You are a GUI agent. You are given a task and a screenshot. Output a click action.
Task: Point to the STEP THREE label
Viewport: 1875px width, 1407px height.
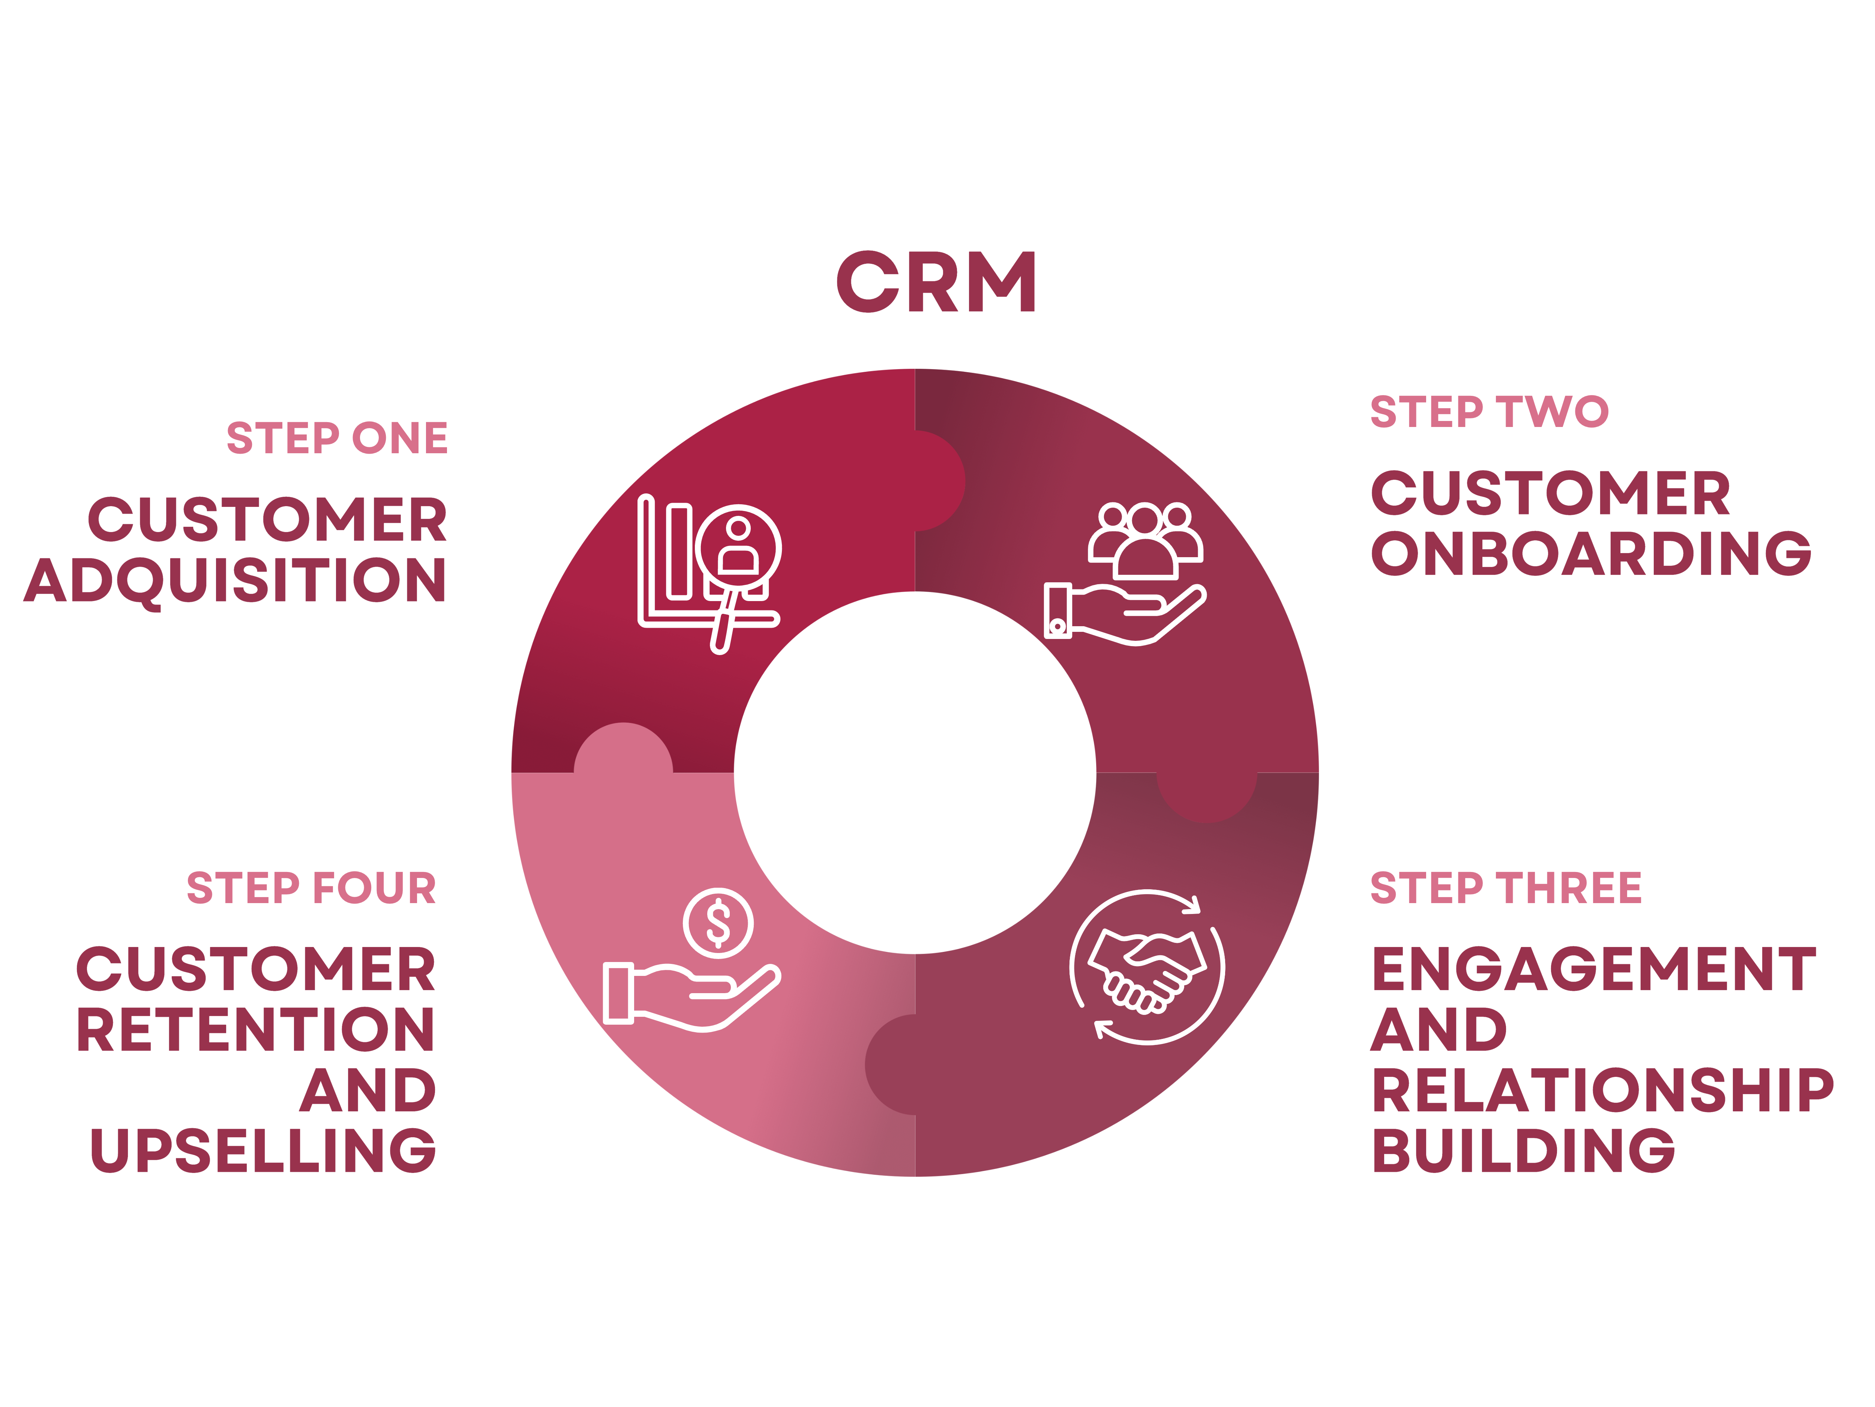[1505, 888]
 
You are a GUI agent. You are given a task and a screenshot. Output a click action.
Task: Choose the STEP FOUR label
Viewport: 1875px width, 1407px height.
[311, 888]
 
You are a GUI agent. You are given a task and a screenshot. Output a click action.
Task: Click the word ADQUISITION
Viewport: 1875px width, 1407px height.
[235, 581]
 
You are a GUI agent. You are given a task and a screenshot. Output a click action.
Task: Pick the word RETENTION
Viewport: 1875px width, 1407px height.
[255, 1030]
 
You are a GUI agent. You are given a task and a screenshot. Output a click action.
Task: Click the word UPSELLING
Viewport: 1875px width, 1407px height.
[263, 1151]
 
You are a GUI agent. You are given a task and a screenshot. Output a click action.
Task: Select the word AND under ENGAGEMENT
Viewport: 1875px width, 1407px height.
[1438, 1030]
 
